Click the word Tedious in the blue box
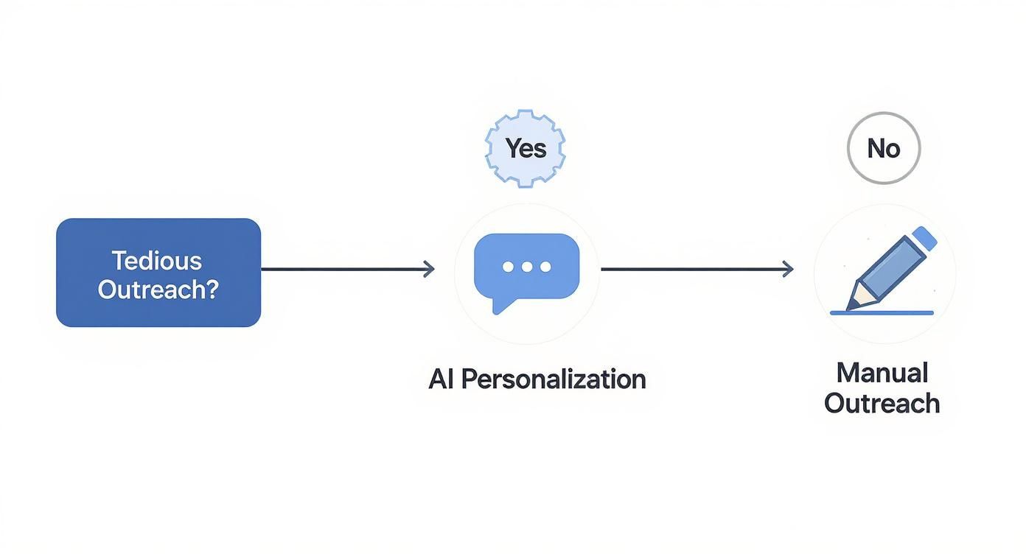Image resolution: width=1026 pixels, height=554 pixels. click(x=156, y=260)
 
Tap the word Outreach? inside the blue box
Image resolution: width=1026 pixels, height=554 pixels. click(x=158, y=290)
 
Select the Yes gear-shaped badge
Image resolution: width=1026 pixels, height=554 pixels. click(x=526, y=148)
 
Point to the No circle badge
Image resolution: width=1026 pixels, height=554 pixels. click(x=883, y=148)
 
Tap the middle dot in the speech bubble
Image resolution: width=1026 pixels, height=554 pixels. click(x=526, y=267)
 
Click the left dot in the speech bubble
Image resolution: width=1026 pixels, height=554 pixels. click(x=508, y=267)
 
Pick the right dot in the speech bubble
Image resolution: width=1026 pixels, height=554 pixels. click(x=545, y=267)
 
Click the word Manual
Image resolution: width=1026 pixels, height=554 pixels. click(x=882, y=372)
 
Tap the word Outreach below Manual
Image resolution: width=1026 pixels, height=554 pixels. click(x=882, y=403)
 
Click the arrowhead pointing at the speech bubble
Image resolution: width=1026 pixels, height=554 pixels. click(x=429, y=270)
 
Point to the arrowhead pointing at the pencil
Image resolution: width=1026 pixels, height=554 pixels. click(x=788, y=270)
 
